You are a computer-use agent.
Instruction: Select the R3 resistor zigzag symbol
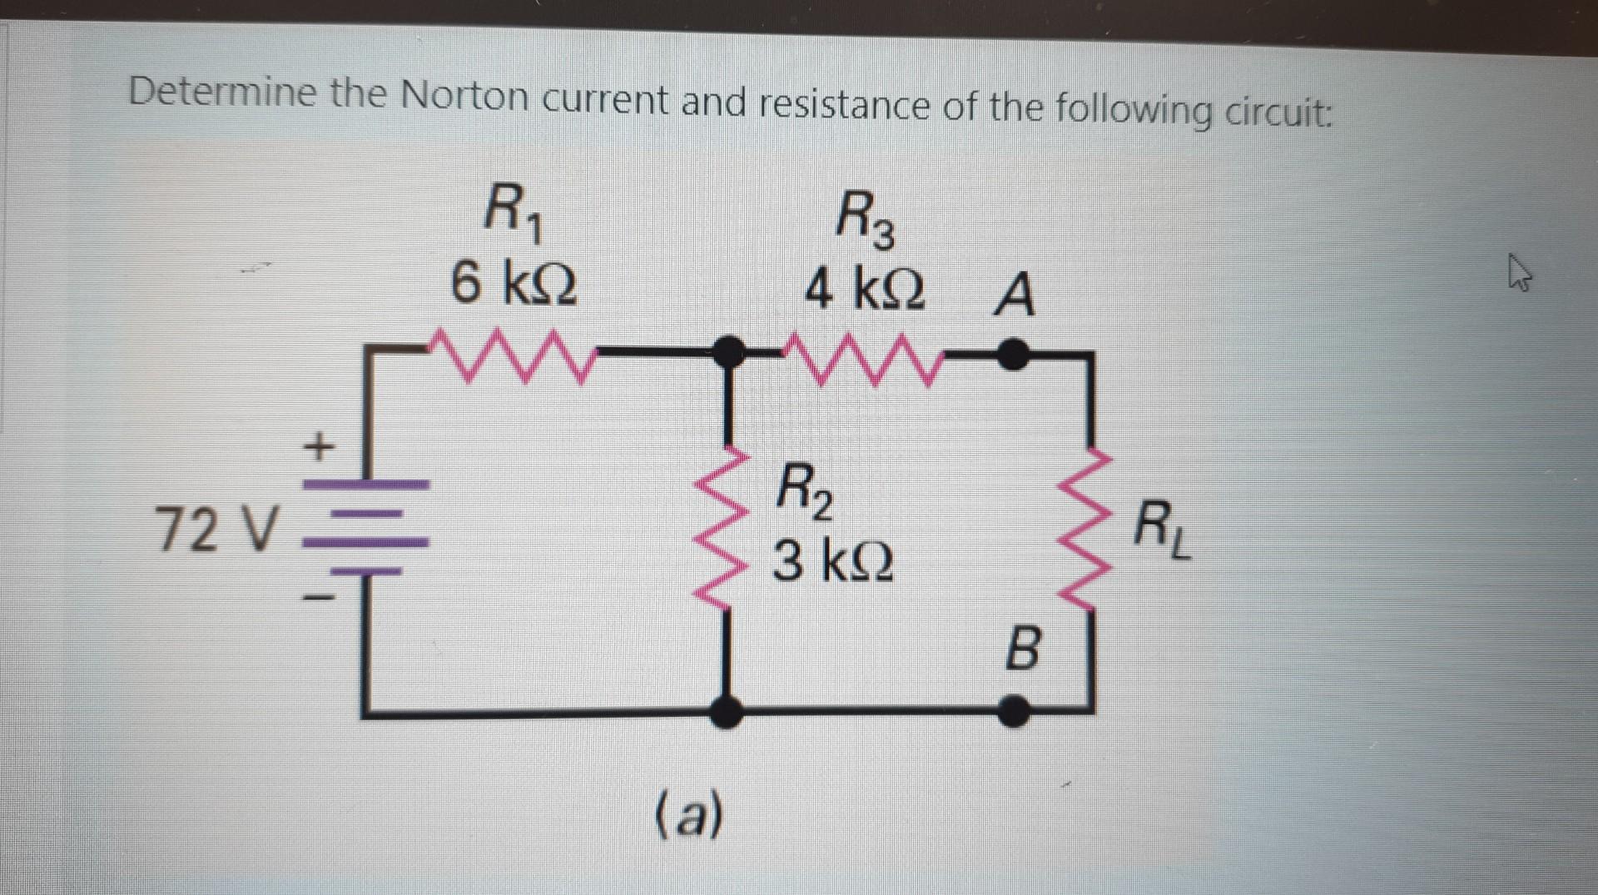pos(866,360)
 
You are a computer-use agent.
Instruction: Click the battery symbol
pos(366,529)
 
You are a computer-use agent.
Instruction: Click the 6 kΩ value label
pos(514,284)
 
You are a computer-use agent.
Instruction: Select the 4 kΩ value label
pos(865,290)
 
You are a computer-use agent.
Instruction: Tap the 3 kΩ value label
pos(833,562)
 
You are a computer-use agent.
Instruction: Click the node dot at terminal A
pos(1013,354)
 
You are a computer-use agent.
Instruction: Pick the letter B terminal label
pos(1023,649)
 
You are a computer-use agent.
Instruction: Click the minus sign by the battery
pos(318,597)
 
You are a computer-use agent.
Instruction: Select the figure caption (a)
pos(690,815)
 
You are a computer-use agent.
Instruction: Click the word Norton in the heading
pos(464,97)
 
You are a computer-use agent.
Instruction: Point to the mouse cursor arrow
pos(1520,274)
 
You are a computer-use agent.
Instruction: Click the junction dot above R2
pos(730,352)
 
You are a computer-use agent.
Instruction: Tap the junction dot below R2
pos(728,712)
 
